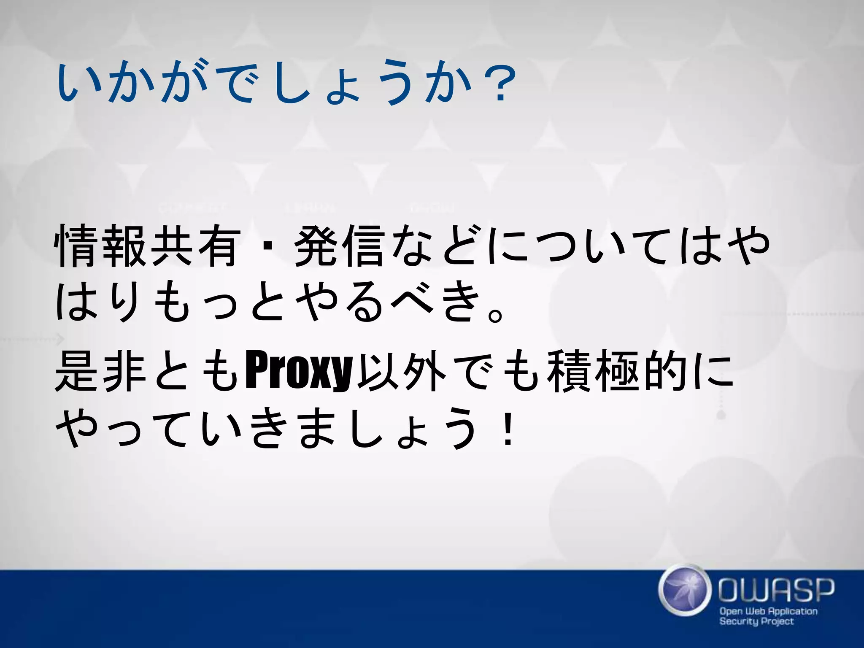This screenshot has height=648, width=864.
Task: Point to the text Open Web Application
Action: pos(768,611)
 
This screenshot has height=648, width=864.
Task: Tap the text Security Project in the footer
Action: pos(756,621)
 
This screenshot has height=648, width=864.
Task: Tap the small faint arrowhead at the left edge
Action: pos(60,339)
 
